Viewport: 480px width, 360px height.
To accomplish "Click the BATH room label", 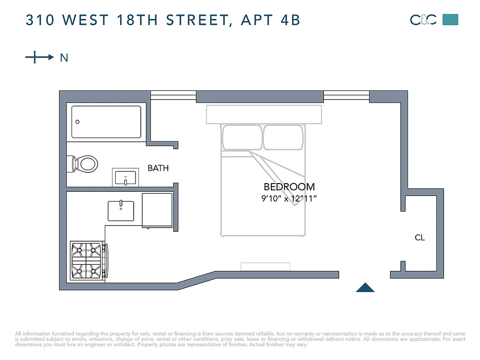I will point(158,168).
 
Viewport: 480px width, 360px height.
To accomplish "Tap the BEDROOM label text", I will point(289,187).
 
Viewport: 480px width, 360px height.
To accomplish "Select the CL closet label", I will point(420,238).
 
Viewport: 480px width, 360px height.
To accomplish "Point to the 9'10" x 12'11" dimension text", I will point(289,198).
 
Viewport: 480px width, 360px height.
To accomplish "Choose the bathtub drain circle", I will point(77,122).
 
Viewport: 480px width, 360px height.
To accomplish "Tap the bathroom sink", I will point(126,178).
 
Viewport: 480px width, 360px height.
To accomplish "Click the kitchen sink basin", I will point(121,211).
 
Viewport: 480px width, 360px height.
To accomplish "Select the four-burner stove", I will point(86,261).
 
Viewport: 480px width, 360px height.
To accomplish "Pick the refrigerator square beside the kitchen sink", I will point(157,210).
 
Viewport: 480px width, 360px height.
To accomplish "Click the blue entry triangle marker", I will point(365,288).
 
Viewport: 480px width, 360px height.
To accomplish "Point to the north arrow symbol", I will point(39,57).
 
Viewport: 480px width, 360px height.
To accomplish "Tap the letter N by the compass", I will point(64,58).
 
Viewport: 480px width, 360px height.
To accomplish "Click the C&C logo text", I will point(423,20).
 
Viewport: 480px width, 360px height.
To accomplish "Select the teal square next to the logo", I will point(450,20).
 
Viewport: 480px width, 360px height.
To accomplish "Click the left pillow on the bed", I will point(242,137).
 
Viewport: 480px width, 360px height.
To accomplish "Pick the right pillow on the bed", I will point(283,137).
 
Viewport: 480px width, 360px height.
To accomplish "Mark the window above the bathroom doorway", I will point(173,95).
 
